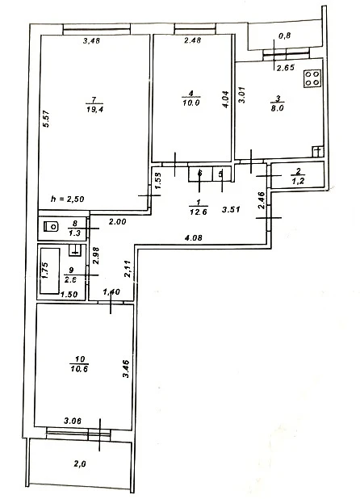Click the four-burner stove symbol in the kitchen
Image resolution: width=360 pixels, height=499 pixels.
click(x=312, y=78)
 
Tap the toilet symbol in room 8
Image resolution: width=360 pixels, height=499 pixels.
click(x=51, y=227)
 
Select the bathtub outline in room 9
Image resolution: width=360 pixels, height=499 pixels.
click(x=49, y=271)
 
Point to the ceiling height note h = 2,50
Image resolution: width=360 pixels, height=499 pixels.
click(x=68, y=199)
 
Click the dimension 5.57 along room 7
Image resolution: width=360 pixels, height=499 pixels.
click(x=47, y=119)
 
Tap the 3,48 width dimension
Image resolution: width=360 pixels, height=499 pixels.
click(x=91, y=40)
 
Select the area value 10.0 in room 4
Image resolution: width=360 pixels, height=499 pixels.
click(x=191, y=103)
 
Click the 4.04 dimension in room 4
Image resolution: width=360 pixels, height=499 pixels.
click(x=225, y=99)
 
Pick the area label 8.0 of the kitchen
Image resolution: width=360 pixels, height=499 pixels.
click(x=278, y=108)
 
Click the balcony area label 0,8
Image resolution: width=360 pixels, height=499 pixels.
click(x=285, y=36)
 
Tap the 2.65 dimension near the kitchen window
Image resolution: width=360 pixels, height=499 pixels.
click(x=286, y=68)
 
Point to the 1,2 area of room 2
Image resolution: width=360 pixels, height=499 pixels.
click(x=298, y=182)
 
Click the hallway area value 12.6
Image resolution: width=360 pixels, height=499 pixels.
click(x=199, y=212)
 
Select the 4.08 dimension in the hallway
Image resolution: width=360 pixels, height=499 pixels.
click(x=194, y=237)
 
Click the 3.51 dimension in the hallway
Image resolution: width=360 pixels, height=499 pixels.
click(x=231, y=209)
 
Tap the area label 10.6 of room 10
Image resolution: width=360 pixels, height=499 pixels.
click(x=79, y=369)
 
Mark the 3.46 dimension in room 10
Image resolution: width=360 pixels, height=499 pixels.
click(x=126, y=368)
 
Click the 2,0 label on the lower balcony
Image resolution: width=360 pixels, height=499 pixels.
click(x=80, y=464)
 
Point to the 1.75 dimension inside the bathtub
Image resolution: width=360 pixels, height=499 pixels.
click(x=45, y=270)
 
